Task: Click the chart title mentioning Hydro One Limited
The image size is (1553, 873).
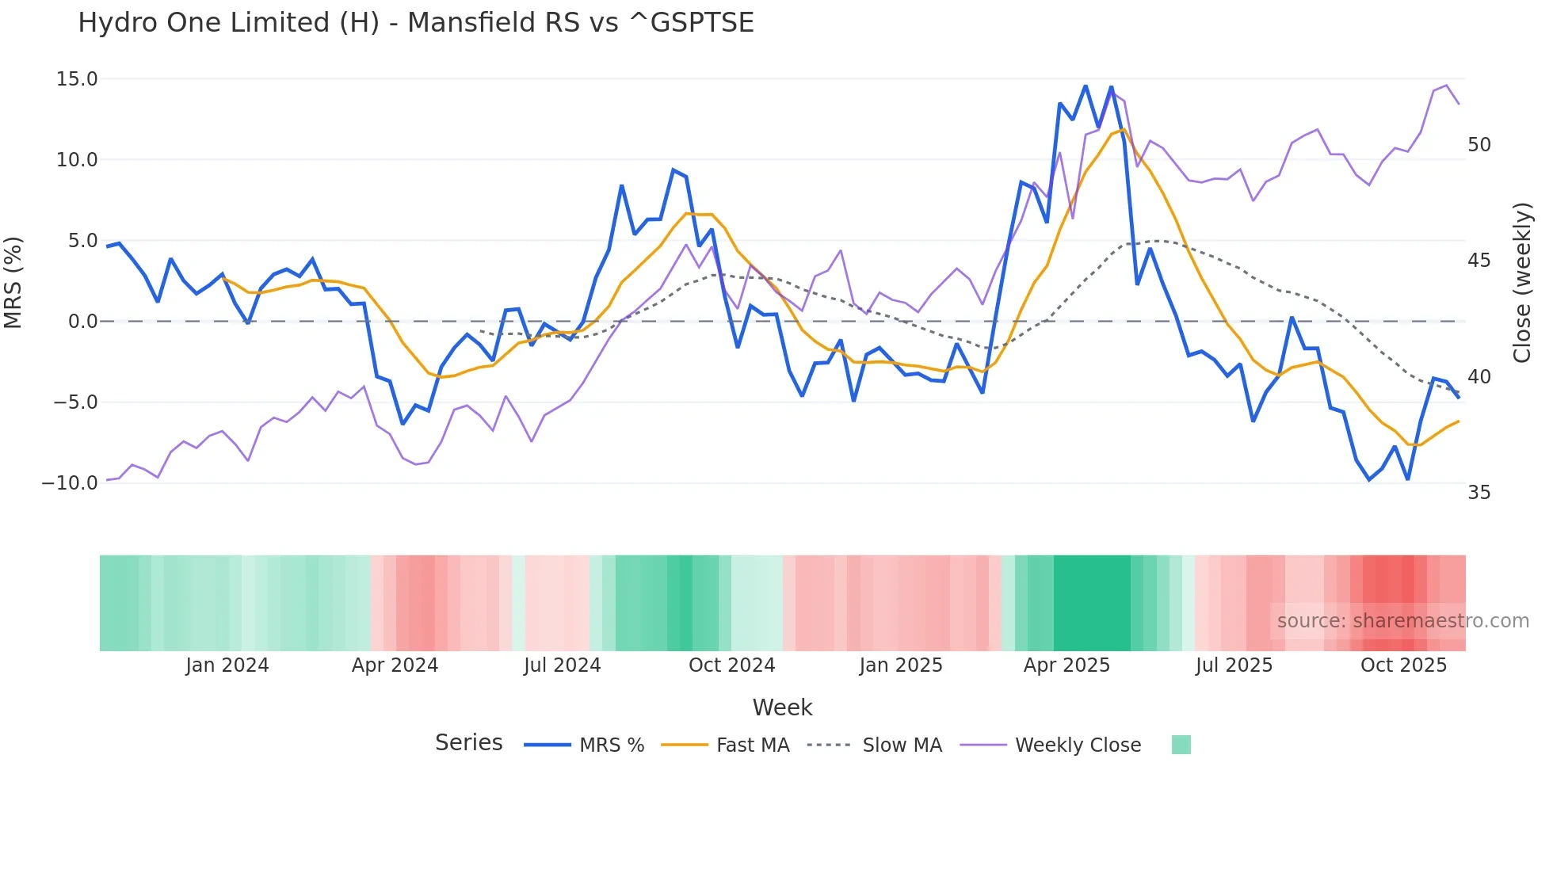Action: pos(415,23)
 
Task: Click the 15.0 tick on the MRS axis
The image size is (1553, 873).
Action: pos(77,79)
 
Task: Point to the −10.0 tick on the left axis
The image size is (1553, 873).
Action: pos(70,483)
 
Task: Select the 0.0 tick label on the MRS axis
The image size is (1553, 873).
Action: pos(82,322)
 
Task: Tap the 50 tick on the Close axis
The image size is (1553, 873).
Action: pos(1479,145)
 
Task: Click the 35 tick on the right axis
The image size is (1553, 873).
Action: pos(1479,493)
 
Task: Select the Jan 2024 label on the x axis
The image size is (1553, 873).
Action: pos(227,665)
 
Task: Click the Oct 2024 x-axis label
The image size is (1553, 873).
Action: pos(731,665)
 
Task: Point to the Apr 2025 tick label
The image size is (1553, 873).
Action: pos(1066,665)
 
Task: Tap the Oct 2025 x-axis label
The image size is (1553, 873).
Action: pos(1403,665)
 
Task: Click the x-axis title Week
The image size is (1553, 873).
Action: pos(782,707)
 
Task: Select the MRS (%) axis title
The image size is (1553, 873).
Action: pos(13,282)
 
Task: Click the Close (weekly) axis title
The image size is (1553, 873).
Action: pos(1522,282)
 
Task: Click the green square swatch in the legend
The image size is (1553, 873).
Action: pos(1181,745)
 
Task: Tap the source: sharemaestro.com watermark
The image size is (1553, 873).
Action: pos(1402,621)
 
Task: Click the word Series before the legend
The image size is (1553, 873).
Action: pos(468,743)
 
